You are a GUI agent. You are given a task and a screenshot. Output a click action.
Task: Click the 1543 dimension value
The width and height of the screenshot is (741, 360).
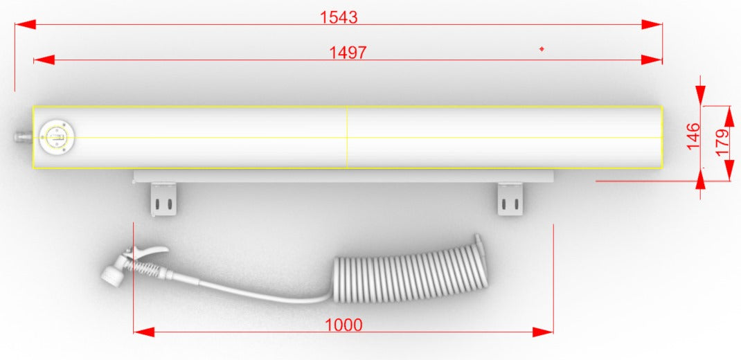(x=339, y=17)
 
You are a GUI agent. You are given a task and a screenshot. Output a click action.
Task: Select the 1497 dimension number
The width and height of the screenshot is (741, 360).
(x=348, y=53)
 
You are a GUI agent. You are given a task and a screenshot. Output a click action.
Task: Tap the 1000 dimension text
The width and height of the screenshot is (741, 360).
(x=343, y=325)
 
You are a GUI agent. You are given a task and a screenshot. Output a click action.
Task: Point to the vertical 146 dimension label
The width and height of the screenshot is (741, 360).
(x=693, y=136)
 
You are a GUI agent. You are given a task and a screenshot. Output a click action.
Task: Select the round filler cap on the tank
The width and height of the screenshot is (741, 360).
(x=57, y=138)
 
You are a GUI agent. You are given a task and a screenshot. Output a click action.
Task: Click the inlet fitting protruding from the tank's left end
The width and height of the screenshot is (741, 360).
(x=23, y=138)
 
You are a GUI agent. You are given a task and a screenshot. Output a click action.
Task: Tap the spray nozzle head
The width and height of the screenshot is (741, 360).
(x=112, y=274)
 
